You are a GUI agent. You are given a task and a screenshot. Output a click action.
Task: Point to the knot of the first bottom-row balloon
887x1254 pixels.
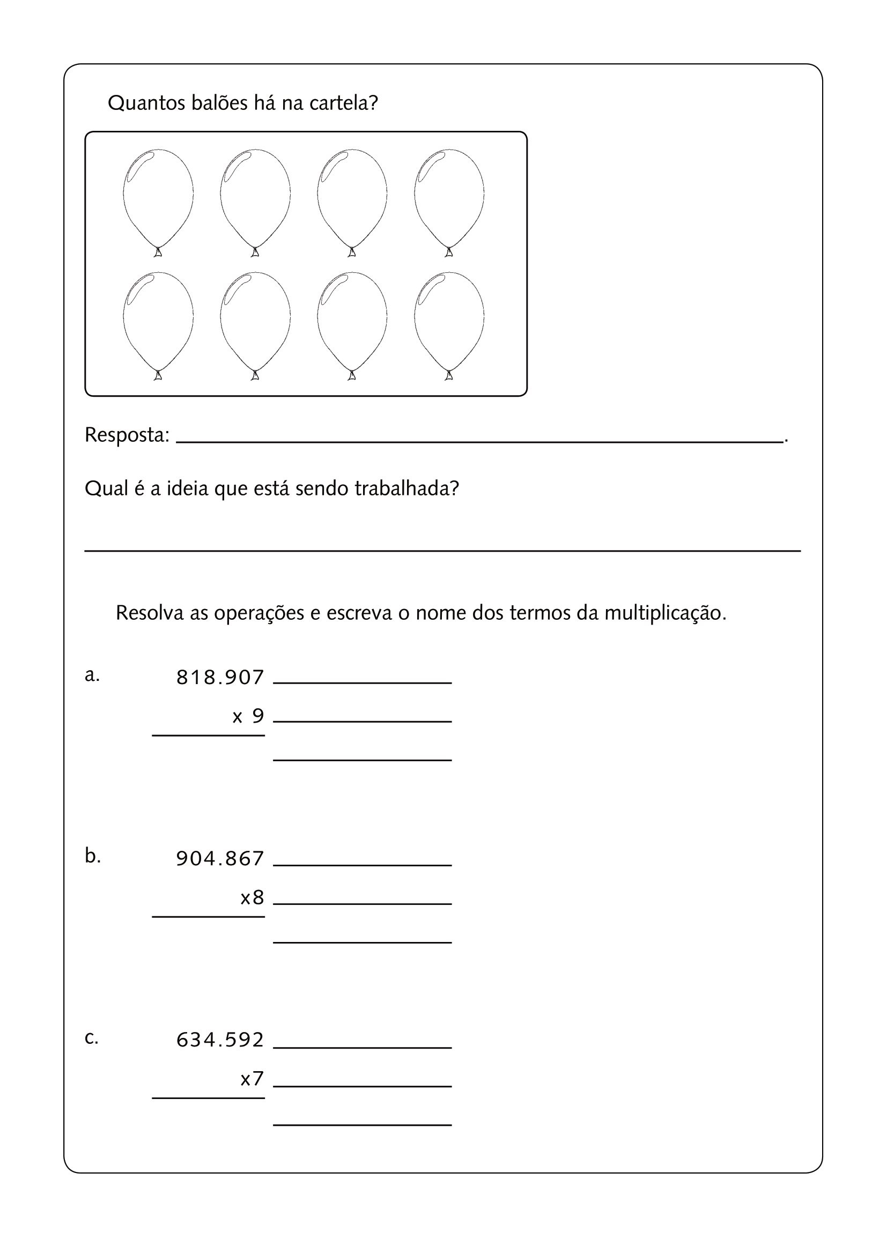pyautogui.click(x=158, y=375)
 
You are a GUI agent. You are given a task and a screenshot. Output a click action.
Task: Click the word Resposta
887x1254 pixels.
pyautogui.click(x=127, y=435)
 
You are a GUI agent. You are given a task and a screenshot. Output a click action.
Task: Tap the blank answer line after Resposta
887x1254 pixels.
pyautogui.click(x=479, y=440)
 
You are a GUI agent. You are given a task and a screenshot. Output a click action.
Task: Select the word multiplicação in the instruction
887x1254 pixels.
pyautogui.click(x=664, y=613)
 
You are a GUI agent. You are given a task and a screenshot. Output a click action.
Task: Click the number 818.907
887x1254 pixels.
pyautogui.click(x=220, y=678)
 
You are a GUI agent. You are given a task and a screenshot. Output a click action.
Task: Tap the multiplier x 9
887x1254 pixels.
pyautogui.click(x=248, y=716)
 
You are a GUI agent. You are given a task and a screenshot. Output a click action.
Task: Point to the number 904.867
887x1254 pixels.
pyautogui.click(x=220, y=858)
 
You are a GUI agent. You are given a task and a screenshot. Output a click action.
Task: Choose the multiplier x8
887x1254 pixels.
pyautogui.click(x=253, y=897)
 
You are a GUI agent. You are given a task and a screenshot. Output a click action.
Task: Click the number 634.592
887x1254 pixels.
pyautogui.click(x=220, y=1040)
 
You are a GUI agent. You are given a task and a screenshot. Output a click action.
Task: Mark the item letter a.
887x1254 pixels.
pyautogui.click(x=92, y=675)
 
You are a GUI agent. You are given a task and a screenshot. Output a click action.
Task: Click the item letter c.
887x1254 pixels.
pyautogui.click(x=92, y=1037)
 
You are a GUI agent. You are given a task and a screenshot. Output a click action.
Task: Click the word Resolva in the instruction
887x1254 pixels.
pyautogui.click(x=149, y=613)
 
